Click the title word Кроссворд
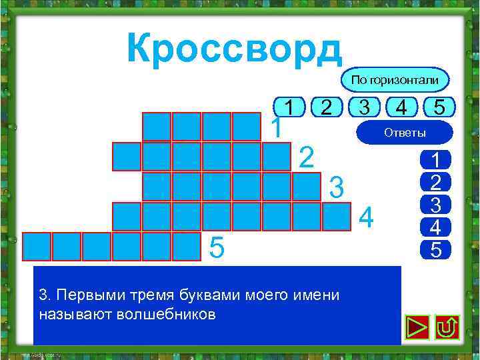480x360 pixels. [x=233, y=47]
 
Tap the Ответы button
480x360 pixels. [x=405, y=133]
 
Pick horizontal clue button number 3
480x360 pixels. [x=364, y=106]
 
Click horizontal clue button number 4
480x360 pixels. [x=401, y=106]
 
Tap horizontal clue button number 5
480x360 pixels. [x=438, y=106]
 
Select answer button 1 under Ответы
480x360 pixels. [x=435, y=160]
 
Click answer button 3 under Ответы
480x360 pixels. [x=435, y=205]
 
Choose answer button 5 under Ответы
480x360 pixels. [x=435, y=249]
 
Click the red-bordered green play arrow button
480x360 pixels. [x=416, y=327]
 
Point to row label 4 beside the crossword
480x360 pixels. [x=367, y=217]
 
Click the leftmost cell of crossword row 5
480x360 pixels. [x=37, y=246]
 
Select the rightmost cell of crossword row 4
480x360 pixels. [x=337, y=216]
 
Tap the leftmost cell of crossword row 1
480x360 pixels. [x=157, y=127]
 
